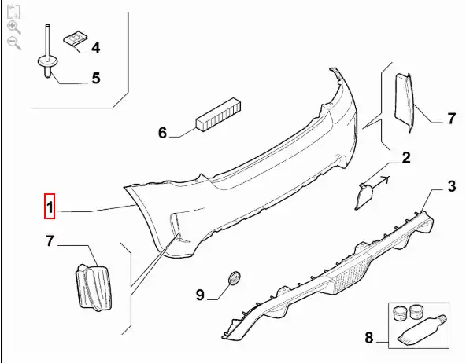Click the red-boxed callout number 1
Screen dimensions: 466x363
point(50,207)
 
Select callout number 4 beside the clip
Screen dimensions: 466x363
point(96,47)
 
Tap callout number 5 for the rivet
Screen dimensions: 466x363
point(96,78)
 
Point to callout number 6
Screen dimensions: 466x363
point(162,133)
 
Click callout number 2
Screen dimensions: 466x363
point(406,157)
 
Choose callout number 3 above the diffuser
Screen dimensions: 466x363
point(452,186)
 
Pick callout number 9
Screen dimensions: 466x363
point(200,295)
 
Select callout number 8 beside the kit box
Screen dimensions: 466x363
point(369,338)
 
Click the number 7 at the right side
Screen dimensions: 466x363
point(452,119)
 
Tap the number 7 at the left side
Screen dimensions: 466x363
point(50,240)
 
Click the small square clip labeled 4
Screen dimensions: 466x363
point(76,38)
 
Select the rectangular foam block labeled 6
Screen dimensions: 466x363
point(218,115)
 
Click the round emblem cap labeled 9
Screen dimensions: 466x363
point(235,278)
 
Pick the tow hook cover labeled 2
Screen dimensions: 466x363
point(364,196)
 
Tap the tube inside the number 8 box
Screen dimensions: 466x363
point(422,331)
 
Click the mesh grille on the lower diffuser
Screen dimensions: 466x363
point(351,275)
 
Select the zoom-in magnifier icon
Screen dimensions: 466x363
point(13,27)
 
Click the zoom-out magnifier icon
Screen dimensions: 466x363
point(14,43)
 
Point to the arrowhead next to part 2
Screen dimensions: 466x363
point(386,179)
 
